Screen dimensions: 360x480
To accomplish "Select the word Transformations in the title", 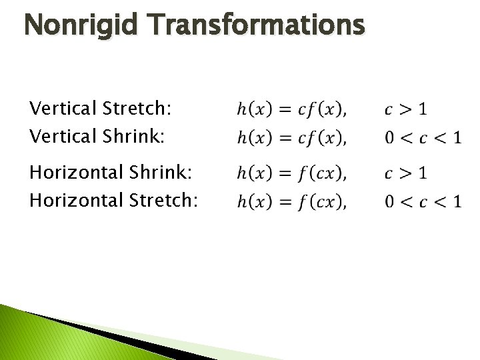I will (257, 26).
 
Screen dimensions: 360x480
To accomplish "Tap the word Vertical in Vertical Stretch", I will (63, 108).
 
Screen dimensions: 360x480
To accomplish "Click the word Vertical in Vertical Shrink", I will (63, 137).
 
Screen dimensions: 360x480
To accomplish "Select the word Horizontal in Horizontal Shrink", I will (75, 172).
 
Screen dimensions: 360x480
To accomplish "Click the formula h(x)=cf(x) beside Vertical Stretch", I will (291, 109).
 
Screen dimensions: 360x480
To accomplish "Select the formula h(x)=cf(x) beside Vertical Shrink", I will (291, 138).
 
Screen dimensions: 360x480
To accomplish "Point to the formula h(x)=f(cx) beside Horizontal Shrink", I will (291, 173).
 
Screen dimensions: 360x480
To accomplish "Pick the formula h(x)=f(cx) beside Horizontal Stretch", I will (291, 201).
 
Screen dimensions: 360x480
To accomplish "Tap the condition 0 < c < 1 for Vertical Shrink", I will (423, 138).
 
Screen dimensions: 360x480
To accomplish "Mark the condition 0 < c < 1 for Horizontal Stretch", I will (423, 201).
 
